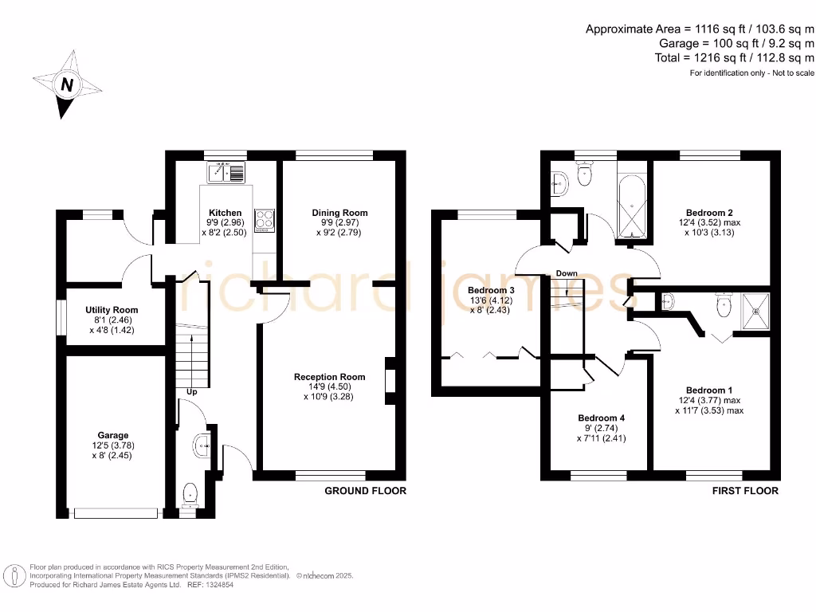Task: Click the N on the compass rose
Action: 67,84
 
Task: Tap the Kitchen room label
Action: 225,213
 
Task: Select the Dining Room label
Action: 339,213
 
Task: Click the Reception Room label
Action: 329,377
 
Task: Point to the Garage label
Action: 113,435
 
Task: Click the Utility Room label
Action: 112,310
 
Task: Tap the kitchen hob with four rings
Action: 265,220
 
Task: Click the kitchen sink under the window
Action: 226,172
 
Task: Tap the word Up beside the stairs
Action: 192,392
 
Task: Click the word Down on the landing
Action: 567,273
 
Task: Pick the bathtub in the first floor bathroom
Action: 632,207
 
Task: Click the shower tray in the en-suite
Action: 755,312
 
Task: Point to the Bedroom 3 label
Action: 491,290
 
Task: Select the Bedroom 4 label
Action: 601,418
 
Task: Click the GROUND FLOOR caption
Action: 365,491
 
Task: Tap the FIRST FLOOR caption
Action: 745,491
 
